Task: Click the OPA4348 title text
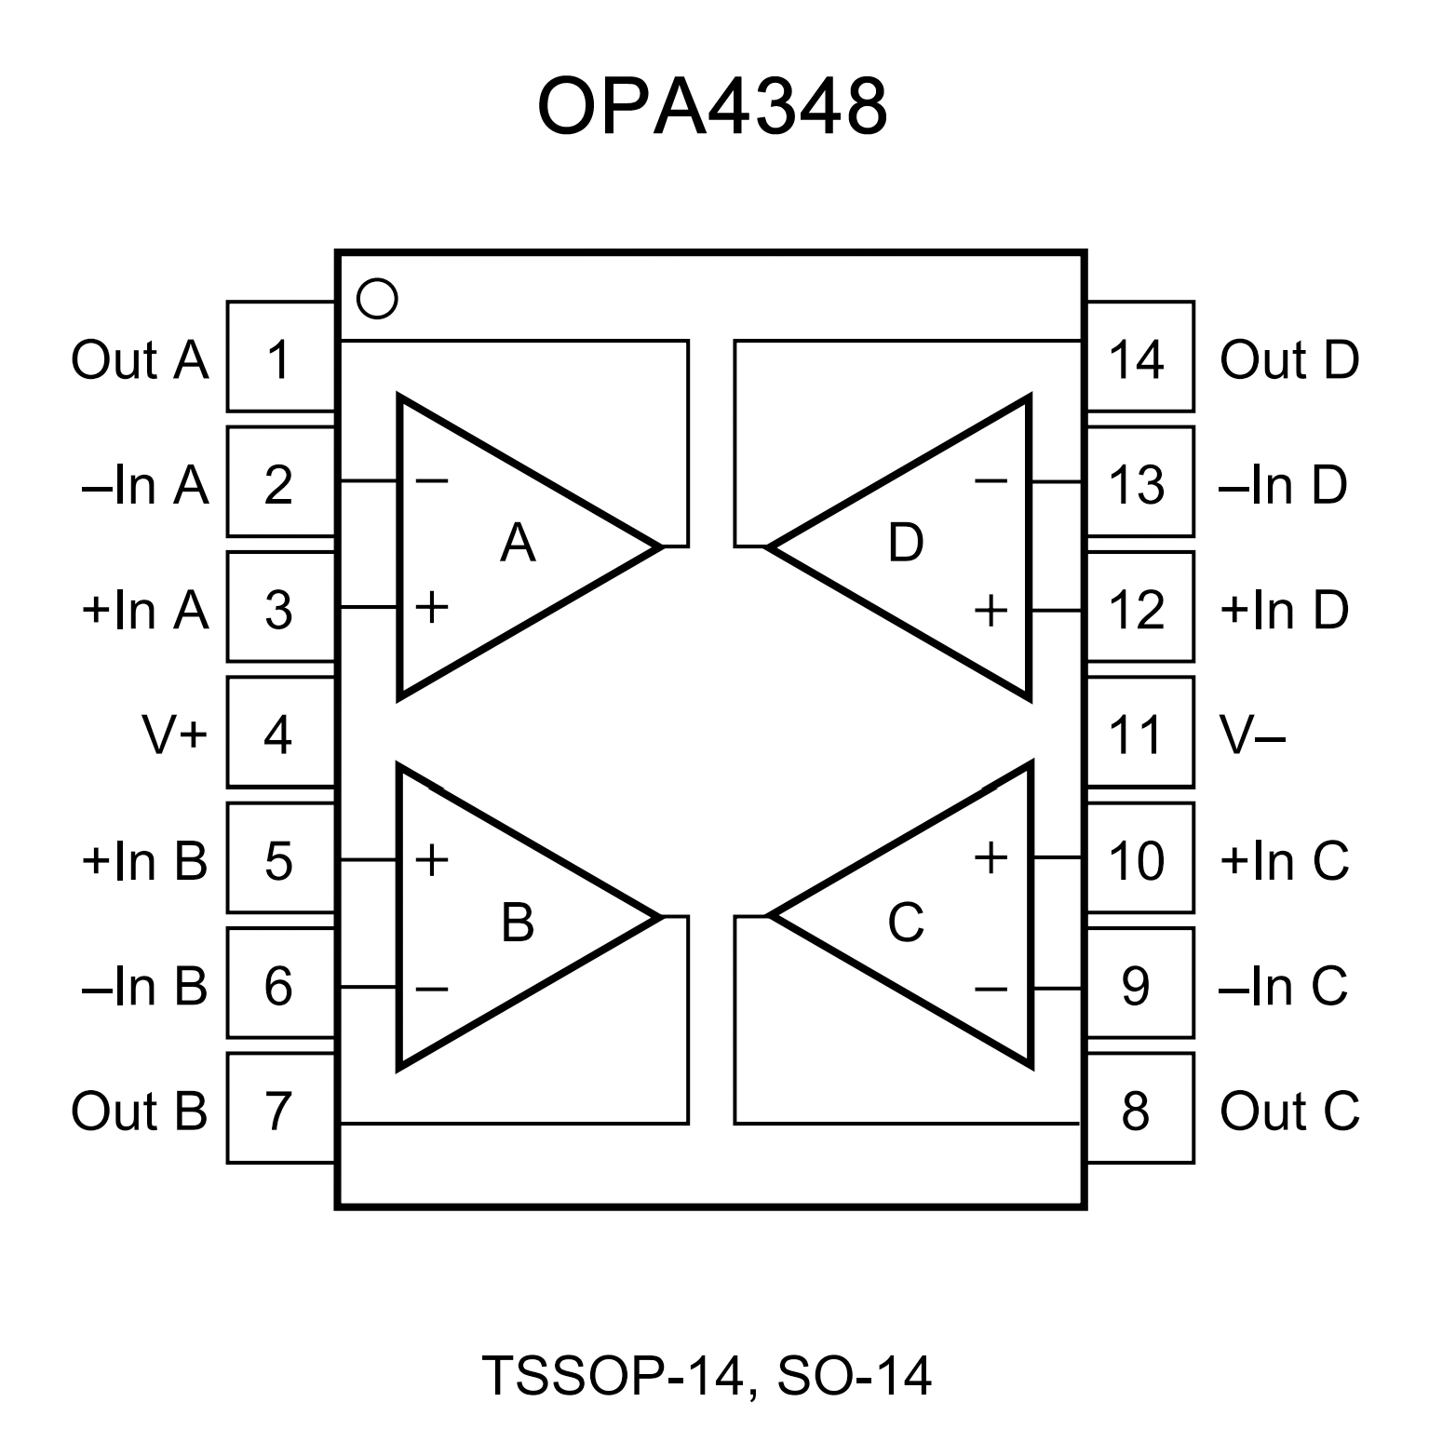click(712, 107)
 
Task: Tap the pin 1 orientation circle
click(377, 299)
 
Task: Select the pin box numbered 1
click(280, 357)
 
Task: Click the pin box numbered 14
click(1139, 357)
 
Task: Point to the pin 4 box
click(280, 734)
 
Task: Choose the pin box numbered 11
click(1139, 734)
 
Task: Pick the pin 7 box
click(280, 1109)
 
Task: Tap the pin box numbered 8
click(1139, 1109)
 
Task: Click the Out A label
click(140, 359)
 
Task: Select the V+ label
click(174, 735)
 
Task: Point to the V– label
click(1253, 735)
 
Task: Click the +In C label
click(1284, 860)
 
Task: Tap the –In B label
click(144, 986)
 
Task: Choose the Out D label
click(1289, 359)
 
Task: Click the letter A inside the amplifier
click(518, 543)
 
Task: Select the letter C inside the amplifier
click(905, 923)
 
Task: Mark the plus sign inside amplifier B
click(432, 859)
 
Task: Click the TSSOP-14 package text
click(613, 1375)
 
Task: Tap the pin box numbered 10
click(1139, 859)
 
